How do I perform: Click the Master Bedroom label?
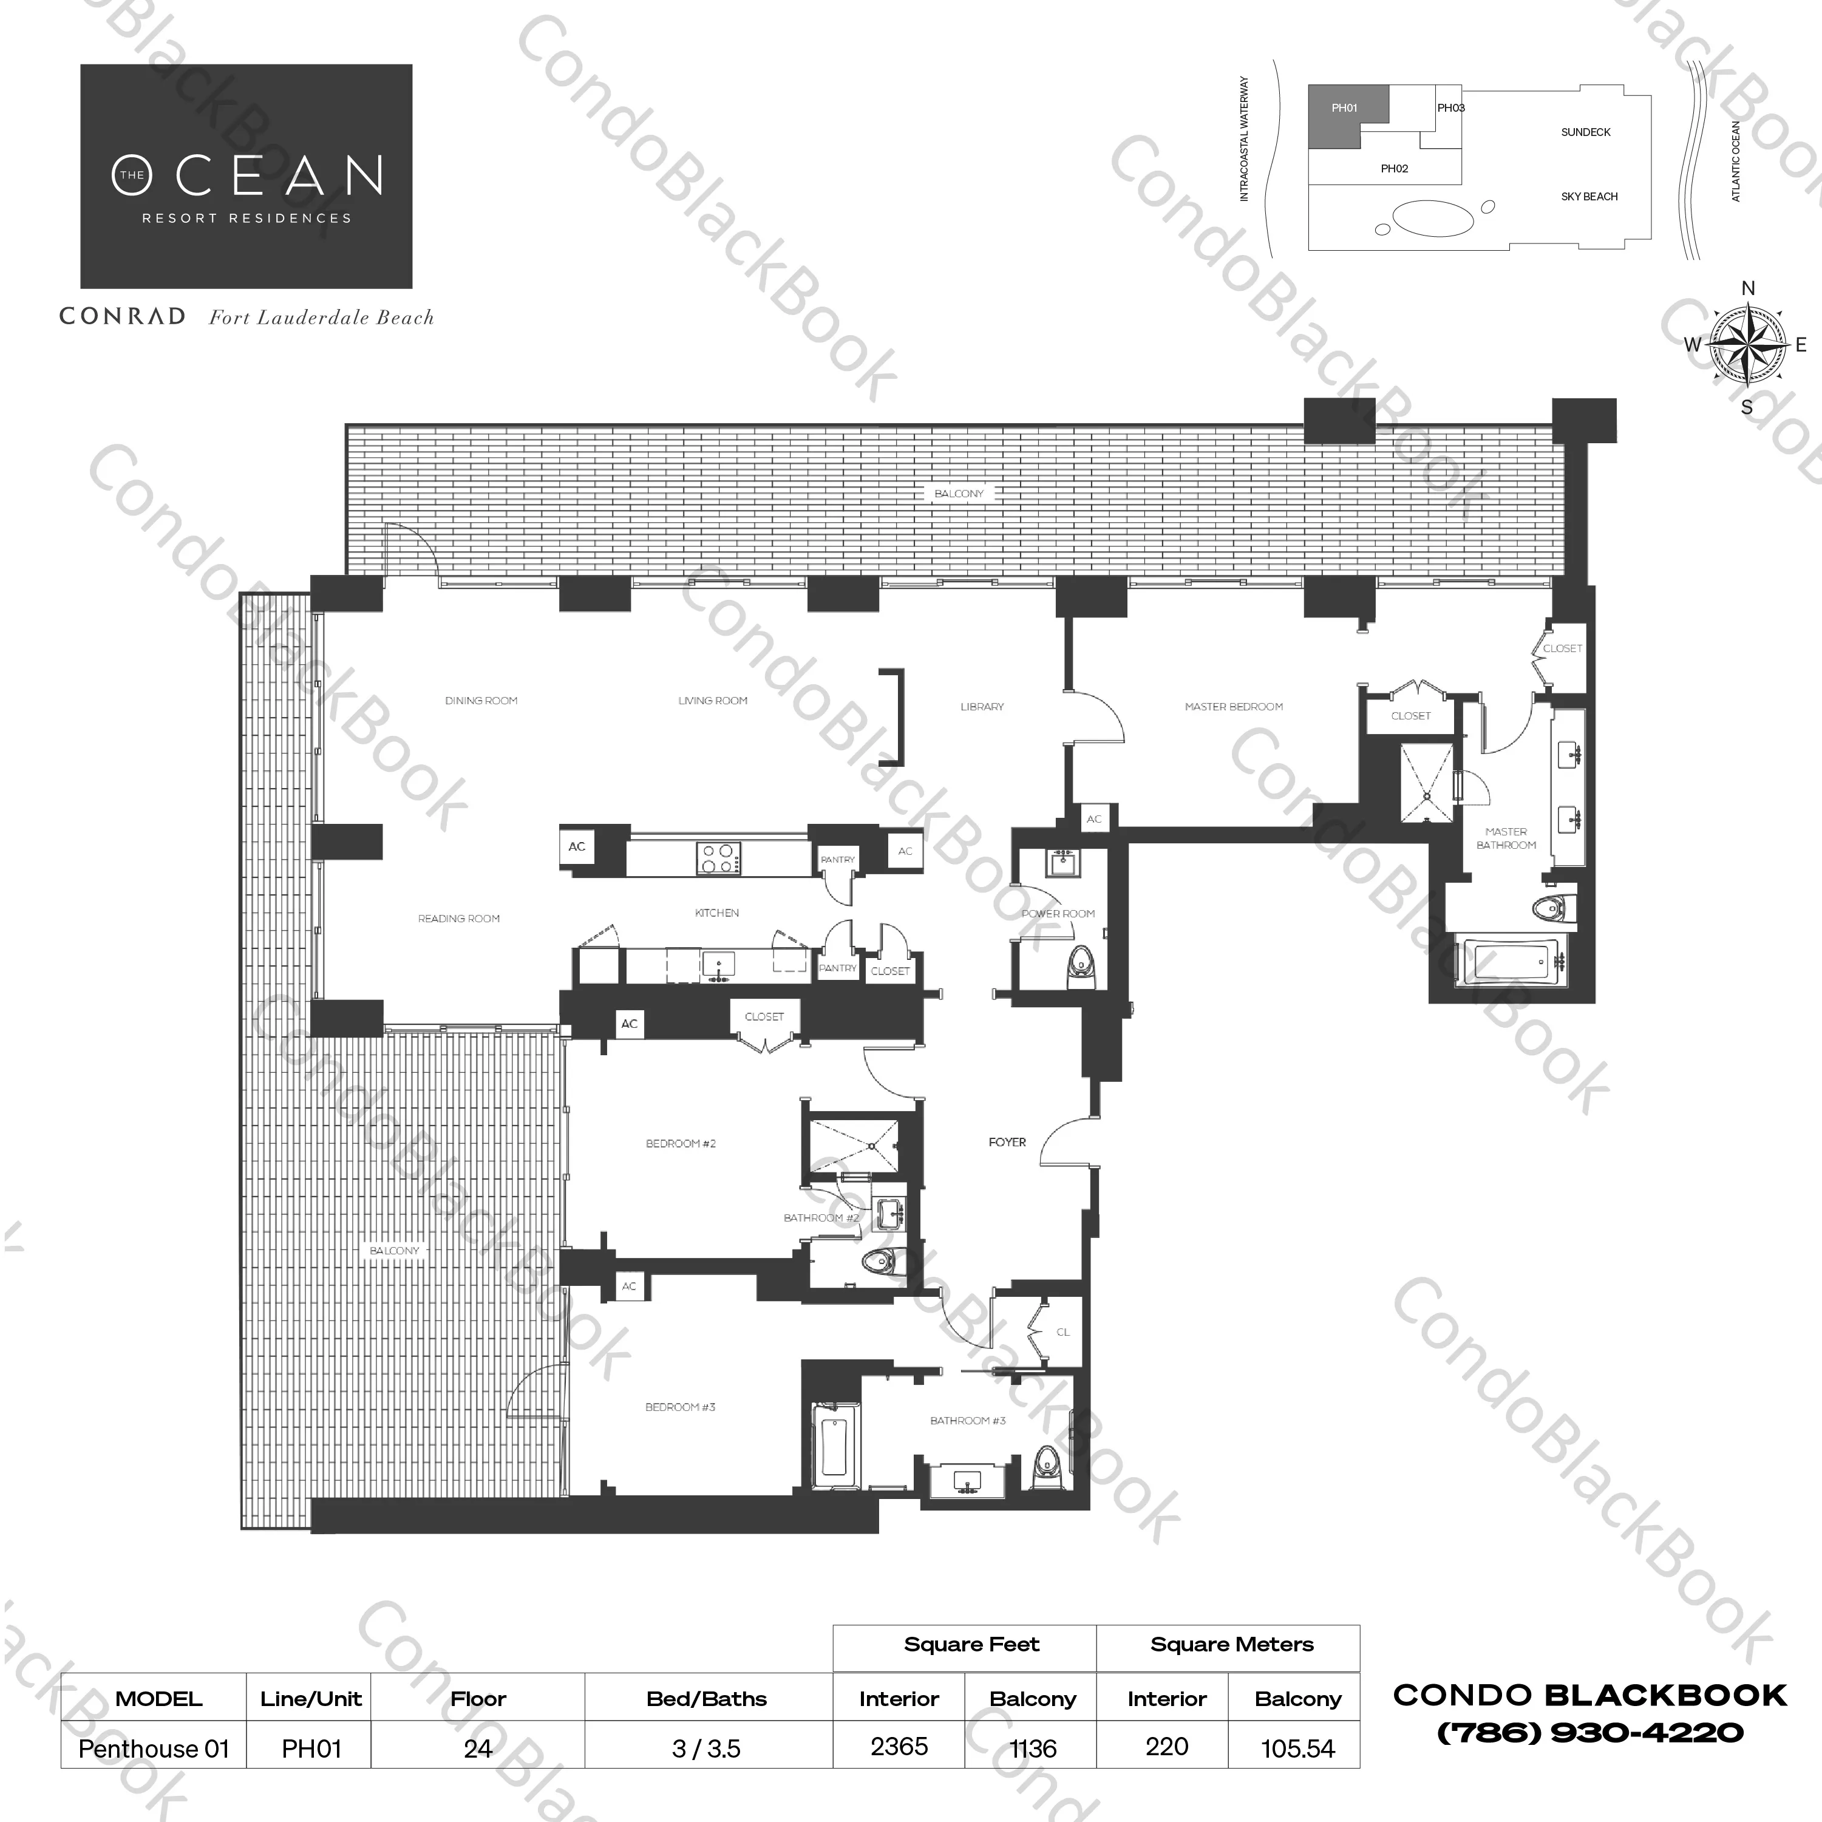click(x=1234, y=706)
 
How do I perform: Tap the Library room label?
click(x=982, y=706)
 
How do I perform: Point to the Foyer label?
click(x=1007, y=1142)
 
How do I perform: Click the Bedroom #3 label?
click(x=680, y=1407)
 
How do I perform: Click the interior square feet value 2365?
click(x=899, y=1747)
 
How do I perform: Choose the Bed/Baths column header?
click(x=706, y=1699)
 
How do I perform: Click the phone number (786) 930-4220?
click(x=1590, y=1732)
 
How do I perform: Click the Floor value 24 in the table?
click(x=478, y=1749)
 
